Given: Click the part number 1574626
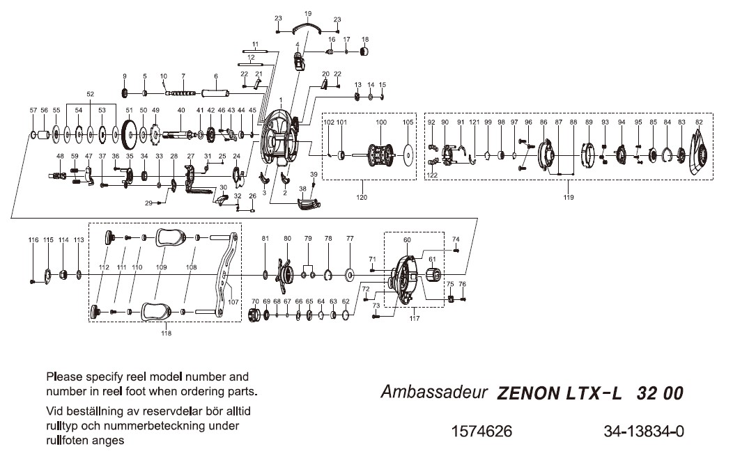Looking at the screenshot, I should pyautogui.click(x=482, y=432).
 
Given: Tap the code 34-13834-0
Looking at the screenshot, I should pyautogui.click(x=644, y=432).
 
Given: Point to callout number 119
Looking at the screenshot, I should pyautogui.click(x=569, y=198).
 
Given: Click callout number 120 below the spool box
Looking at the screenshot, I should pyautogui.click(x=362, y=198).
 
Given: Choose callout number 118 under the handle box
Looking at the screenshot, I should pyautogui.click(x=165, y=333).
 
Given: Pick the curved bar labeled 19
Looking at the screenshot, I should pyautogui.click(x=308, y=26).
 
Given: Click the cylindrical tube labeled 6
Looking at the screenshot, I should pyautogui.click(x=216, y=93).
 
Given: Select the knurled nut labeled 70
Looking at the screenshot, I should pyautogui.click(x=255, y=315).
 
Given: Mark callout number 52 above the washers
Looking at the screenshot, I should pyautogui.click(x=90, y=93).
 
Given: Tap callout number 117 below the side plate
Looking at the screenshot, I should pyautogui.click(x=415, y=319).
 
